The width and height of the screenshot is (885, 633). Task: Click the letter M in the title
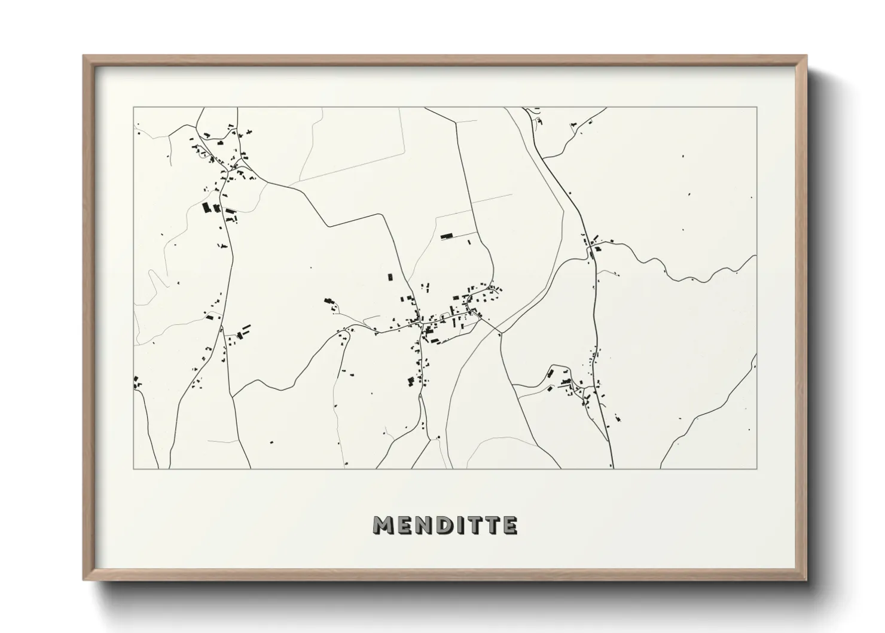coord(383,525)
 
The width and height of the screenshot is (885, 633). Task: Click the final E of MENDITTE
coord(510,525)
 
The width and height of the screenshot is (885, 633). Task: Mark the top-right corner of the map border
coord(756,107)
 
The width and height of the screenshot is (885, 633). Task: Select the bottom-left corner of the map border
coord(133,468)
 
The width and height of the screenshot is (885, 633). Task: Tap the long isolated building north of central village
coord(447,237)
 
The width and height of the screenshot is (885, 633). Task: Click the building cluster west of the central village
coord(329,303)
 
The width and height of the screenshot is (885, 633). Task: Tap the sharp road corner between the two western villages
coord(328,226)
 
